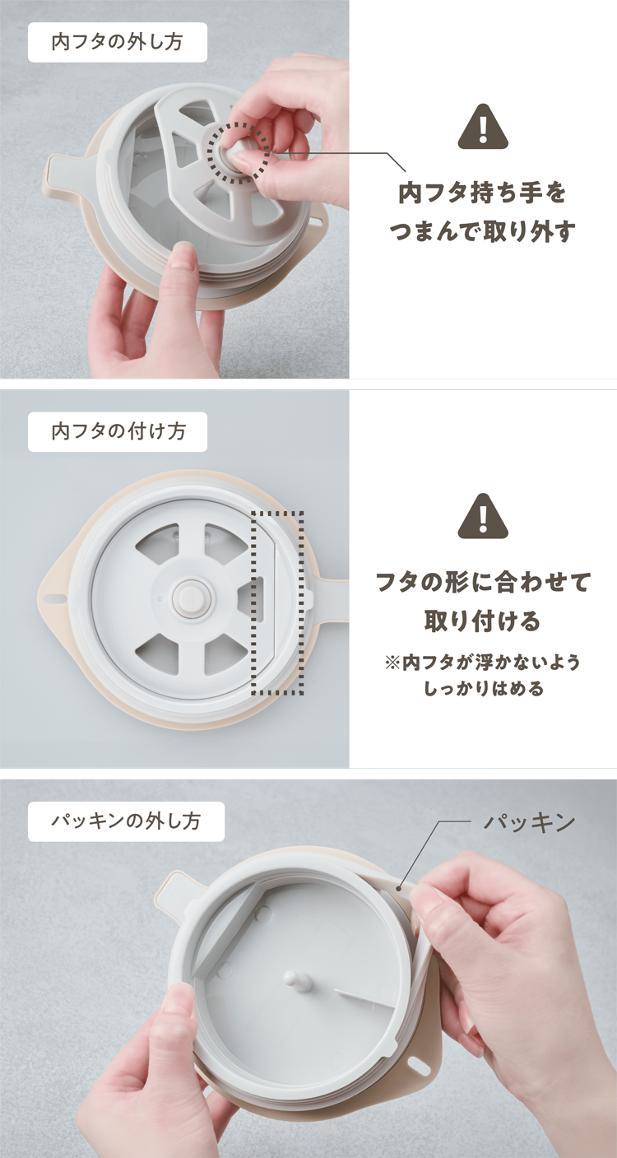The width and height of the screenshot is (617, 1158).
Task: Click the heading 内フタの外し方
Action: point(117,43)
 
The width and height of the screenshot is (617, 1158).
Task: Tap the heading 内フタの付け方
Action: point(118,431)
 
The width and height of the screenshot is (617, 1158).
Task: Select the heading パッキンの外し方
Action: point(126,821)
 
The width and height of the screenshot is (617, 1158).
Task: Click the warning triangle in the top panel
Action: point(483,127)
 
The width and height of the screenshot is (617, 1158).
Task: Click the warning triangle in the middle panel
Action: point(483,516)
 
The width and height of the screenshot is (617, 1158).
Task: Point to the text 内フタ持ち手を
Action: point(483,193)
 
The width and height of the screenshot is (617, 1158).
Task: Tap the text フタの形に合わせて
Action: point(483,582)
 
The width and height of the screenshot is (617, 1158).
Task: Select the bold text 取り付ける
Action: point(483,621)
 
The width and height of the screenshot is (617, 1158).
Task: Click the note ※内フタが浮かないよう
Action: point(483,663)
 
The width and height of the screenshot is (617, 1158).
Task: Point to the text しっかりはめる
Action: point(483,689)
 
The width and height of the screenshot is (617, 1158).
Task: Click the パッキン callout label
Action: point(529,822)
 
